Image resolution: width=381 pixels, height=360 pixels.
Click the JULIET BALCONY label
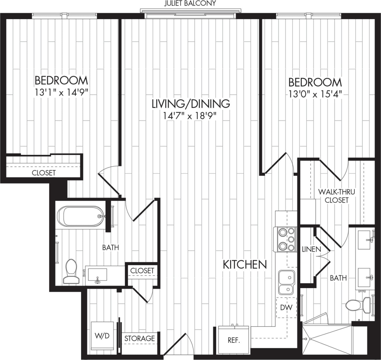click(x=190, y=3)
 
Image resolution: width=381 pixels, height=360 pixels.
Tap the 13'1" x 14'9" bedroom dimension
click(x=62, y=93)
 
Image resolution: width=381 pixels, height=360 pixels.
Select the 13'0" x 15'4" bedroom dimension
click(x=315, y=93)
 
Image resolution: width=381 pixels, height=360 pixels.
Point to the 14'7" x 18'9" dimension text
click(x=190, y=116)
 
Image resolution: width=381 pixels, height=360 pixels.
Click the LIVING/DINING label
click(x=191, y=104)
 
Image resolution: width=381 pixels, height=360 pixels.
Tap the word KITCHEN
click(x=244, y=265)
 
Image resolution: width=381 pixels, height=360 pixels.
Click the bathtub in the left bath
click(x=81, y=216)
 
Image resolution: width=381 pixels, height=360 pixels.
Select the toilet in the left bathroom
click(x=71, y=271)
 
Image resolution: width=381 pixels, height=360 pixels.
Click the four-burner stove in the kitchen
click(x=286, y=239)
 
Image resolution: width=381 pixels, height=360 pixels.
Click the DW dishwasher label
click(x=286, y=307)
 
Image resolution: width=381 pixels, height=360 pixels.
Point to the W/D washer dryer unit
click(x=102, y=336)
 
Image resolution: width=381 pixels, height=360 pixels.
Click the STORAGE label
click(x=140, y=339)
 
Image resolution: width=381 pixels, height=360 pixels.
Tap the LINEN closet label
click(x=311, y=249)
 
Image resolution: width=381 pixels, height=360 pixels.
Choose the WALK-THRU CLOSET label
click(x=337, y=196)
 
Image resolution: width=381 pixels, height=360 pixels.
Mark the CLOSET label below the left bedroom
click(x=44, y=173)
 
